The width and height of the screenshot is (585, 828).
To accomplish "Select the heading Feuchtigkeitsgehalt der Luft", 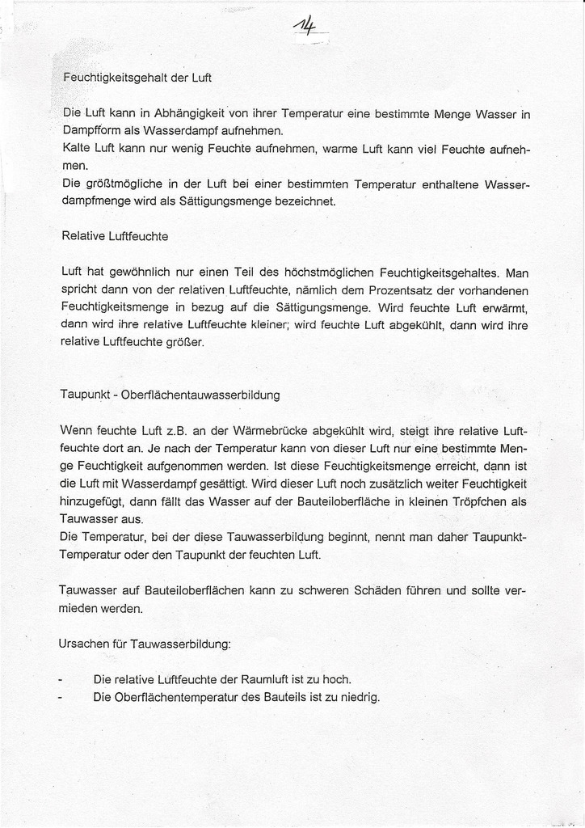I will click(x=137, y=78).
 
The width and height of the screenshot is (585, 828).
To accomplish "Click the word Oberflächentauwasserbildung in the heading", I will click(x=200, y=395).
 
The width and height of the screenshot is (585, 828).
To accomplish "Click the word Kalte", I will click(x=77, y=149).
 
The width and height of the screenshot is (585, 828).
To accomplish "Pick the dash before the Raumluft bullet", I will click(x=62, y=679).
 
